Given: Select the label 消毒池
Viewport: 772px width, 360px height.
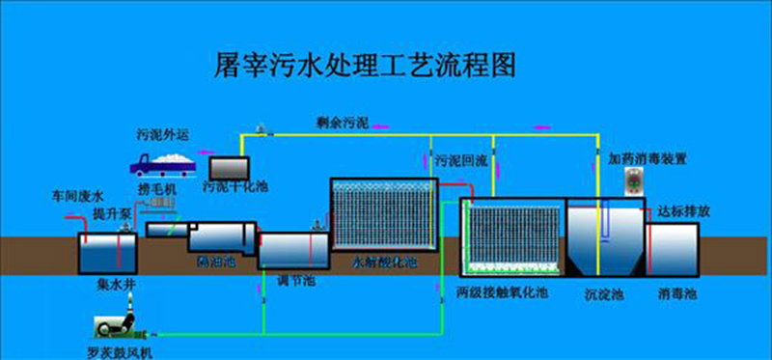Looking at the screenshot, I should [675, 291].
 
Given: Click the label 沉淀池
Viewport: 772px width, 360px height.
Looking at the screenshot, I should [604, 291].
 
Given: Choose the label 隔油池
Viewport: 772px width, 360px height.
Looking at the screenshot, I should [211, 262].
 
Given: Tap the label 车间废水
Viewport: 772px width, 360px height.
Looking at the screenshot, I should [73, 196].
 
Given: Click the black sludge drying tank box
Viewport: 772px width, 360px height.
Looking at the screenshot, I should [229, 168].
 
